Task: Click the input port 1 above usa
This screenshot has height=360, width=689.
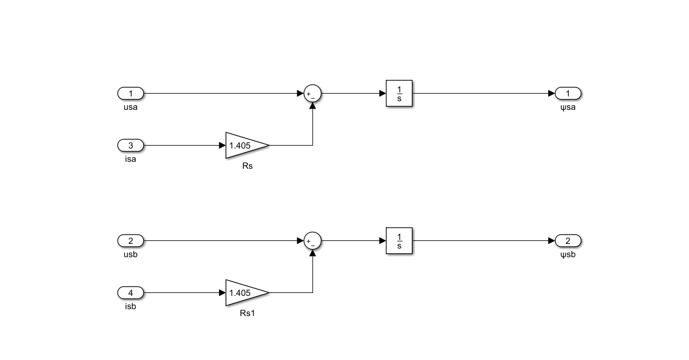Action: click(131, 93)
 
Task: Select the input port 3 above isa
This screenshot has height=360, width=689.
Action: click(131, 145)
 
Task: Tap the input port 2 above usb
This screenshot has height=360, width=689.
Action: click(131, 240)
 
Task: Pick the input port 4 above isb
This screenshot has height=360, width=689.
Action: click(131, 292)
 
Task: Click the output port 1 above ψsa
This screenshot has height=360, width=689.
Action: click(568, 93)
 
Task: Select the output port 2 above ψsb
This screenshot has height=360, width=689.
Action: click(568, 240)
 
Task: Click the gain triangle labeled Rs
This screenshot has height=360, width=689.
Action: click(244, 145)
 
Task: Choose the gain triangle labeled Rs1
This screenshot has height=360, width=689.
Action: click(244, 292)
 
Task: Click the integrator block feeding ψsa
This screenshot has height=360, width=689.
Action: click(400, 93)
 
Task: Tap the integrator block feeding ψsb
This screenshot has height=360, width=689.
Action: click(400, 240)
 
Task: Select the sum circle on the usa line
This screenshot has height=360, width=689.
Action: click(312, 94)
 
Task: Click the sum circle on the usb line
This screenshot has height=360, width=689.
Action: click(312, 241)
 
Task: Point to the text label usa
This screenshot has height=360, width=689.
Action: click(131, 107)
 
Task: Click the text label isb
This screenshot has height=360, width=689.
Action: click(131, 306)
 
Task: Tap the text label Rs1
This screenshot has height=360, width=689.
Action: click(247, 314)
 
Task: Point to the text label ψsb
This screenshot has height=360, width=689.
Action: click(568, 254)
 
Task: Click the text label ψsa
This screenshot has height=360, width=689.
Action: click(568, 107)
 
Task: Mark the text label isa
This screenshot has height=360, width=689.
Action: click(131, 159)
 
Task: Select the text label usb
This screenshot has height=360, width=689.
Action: click(131, 254)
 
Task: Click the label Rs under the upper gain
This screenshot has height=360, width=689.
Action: click(247, 166)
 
